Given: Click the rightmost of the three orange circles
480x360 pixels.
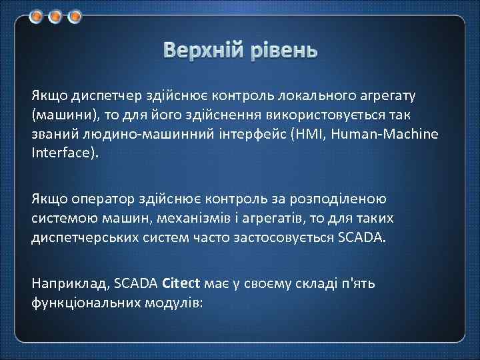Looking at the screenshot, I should click(x=74, y=14).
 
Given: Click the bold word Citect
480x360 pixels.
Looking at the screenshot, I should click(x=181, y=283).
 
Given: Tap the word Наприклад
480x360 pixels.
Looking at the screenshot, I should click(x=70, y=283).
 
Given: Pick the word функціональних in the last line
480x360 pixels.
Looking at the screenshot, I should click(x=85, y=302).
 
